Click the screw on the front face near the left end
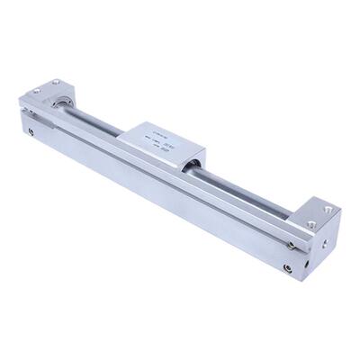(x=32, y=134)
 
